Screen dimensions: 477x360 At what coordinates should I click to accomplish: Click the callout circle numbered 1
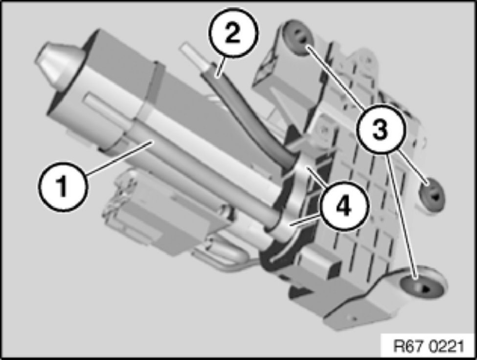62,187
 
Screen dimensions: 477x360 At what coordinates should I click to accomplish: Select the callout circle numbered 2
233,33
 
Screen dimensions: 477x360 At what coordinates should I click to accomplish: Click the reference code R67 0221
429,346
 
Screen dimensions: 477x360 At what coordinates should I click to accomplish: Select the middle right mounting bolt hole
432,196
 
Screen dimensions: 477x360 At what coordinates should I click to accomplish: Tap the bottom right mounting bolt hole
422,285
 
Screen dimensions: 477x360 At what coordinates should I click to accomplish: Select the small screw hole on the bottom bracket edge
354,318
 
